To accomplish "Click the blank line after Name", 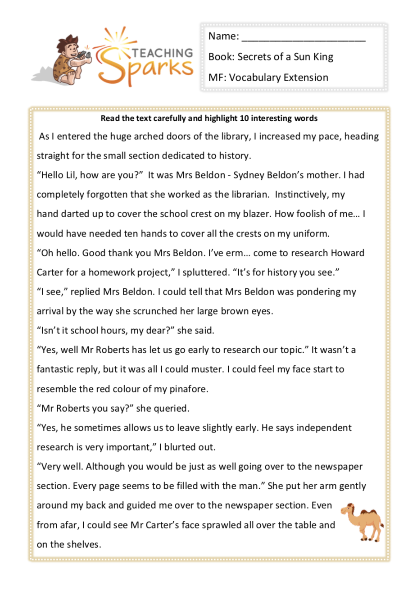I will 303,37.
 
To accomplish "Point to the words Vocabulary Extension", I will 279,77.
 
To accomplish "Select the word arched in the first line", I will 145,136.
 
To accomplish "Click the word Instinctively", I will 303,195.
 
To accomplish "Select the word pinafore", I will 189,389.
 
